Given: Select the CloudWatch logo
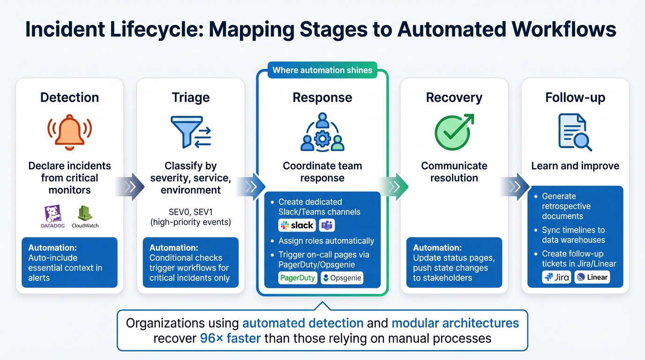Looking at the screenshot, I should coord(85,216).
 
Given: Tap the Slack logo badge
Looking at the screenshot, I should coord(297,225).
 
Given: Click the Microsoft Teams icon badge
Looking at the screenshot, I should coord(327,225).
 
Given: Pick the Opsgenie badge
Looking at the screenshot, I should coord(342,278).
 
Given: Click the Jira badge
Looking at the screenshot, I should coord(556,277).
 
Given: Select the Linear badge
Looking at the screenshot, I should coord(592,277).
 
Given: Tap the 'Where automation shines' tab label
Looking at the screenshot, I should coord(322,70).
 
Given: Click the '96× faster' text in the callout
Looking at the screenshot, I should coord(230,338).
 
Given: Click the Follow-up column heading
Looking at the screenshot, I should coord(575,97).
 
